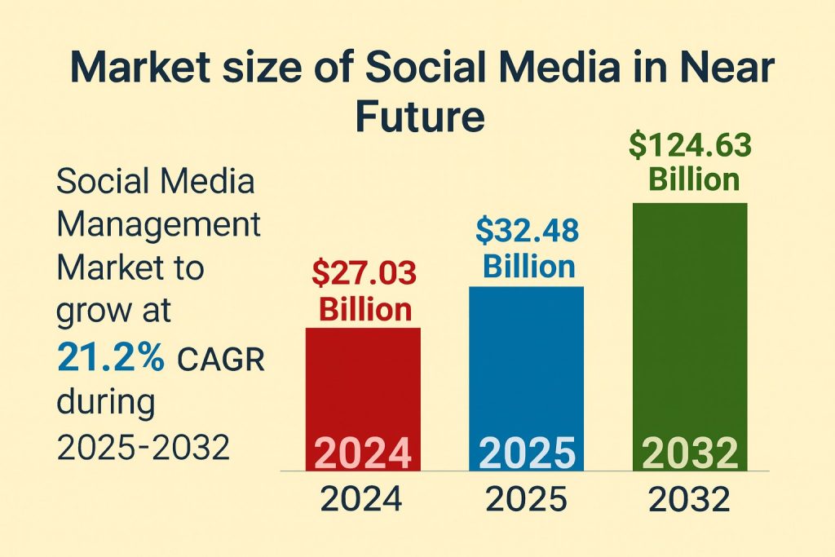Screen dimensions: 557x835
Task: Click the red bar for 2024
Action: point(363,383)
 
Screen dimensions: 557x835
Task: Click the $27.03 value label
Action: point(364,272)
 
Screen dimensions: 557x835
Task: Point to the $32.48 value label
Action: point(527,232)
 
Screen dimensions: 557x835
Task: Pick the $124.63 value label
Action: point(690,147)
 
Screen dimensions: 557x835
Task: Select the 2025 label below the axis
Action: point(527,498)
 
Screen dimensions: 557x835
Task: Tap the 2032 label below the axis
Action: point(690,498)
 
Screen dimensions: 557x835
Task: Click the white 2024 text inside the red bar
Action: point(363,453)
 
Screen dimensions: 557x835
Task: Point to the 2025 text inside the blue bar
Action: point(527,453)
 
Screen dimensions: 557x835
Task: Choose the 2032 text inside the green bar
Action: point(690,453)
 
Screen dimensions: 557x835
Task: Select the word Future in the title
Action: point(419,117)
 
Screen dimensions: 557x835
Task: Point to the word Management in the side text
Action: point(158,224)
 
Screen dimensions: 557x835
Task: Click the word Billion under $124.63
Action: point(694,179)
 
